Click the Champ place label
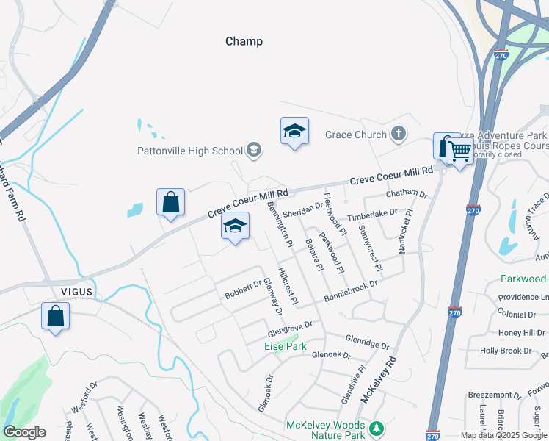(x=244, y=41)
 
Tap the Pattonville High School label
(x=189, y=151)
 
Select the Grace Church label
(x=356, y=135)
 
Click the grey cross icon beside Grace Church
(x=398, y=134)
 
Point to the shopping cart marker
(x=459, y=152)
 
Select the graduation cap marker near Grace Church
(x=294, y=132)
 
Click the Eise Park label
(x=284, y=344)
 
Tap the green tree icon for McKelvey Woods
(x=377, y=427)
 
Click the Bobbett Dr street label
(x=244, y=289)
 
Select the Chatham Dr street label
(x=407, y=193)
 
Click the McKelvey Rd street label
(x=379, y=379)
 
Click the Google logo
(x=24, y=432)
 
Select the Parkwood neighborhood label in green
(x=523, y=279)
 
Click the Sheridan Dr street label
(x=303, y=210)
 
